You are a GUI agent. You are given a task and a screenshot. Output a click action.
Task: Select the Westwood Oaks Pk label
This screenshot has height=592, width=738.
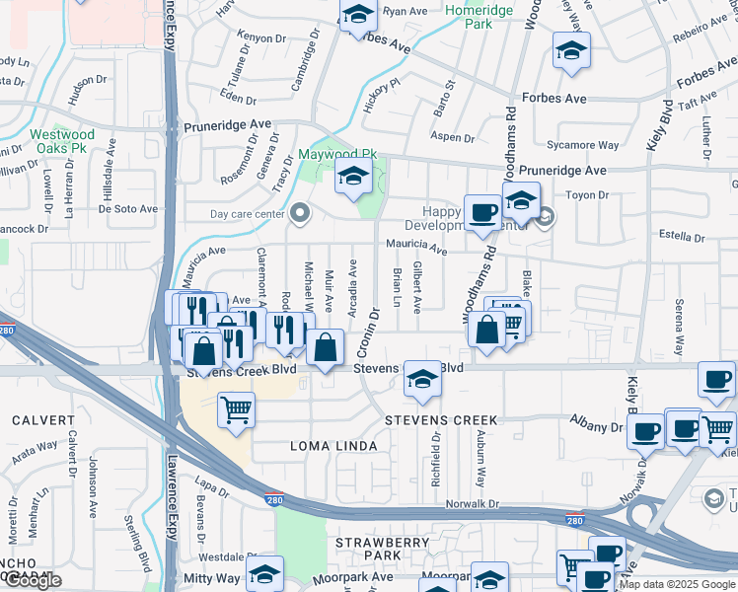coord(62,141)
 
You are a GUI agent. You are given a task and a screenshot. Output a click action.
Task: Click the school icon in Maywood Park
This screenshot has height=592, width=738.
coord(352,179)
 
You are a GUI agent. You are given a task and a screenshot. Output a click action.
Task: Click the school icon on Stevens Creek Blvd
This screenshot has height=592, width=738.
coord(421,380)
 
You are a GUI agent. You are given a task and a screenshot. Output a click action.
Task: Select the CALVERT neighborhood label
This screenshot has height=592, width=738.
coord(43,420)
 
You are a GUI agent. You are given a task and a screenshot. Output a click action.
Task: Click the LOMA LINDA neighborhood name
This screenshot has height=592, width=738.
coord(333,447)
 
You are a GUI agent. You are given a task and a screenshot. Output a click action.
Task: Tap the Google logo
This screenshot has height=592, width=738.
coord(33,580)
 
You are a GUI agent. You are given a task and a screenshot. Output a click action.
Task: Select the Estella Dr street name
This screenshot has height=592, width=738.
coord(681,236)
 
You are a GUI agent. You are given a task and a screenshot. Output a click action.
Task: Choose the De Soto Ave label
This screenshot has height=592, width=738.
coord(127,209)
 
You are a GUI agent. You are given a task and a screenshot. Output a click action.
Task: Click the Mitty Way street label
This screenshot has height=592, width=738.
coord(211,577)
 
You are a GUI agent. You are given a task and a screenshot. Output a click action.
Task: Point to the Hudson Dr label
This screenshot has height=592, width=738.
coord(88,81)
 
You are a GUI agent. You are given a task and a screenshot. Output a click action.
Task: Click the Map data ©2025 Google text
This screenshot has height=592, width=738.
coord(677,584)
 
